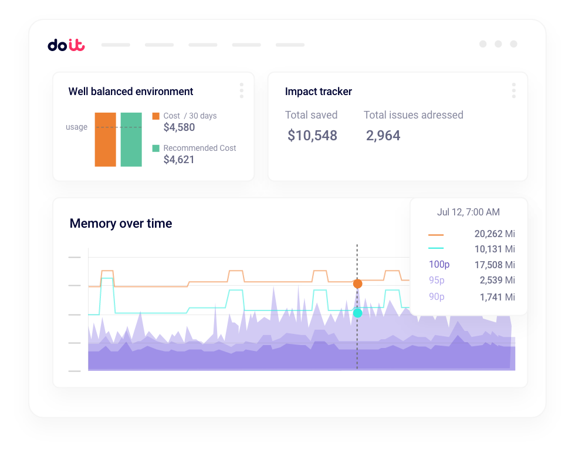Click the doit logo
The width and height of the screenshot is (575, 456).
click(x=66, y=45)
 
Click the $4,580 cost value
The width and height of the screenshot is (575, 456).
click(x=179, y=127)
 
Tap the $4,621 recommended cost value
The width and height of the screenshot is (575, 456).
click(x=179, y=160)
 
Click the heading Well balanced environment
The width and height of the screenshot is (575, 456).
click(x=131, y=92)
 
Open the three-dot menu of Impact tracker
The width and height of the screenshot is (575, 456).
click(x=513, y=90)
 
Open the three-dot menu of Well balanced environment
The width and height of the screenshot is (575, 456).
click(x=241, y=90)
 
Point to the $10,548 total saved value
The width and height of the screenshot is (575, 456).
click(x=312, y=136)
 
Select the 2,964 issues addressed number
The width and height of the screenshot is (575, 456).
click(x=383, y=136)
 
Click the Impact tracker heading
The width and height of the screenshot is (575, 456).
click(x=319, y=92)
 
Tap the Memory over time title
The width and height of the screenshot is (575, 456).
click(x=121, y=224)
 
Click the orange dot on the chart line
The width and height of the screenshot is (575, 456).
click(x=357, y=284)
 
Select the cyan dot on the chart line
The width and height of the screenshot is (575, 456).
click(x=357, y=313)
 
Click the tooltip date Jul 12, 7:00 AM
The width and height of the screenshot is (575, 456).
click(x=469, y=212)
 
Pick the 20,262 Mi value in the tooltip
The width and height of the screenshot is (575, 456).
click(x=494, y=234)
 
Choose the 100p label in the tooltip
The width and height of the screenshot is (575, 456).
click(x=439, y=265)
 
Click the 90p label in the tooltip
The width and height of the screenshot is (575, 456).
click(x=437, y=297)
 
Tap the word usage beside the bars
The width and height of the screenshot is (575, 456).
click(x=76, y=127)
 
